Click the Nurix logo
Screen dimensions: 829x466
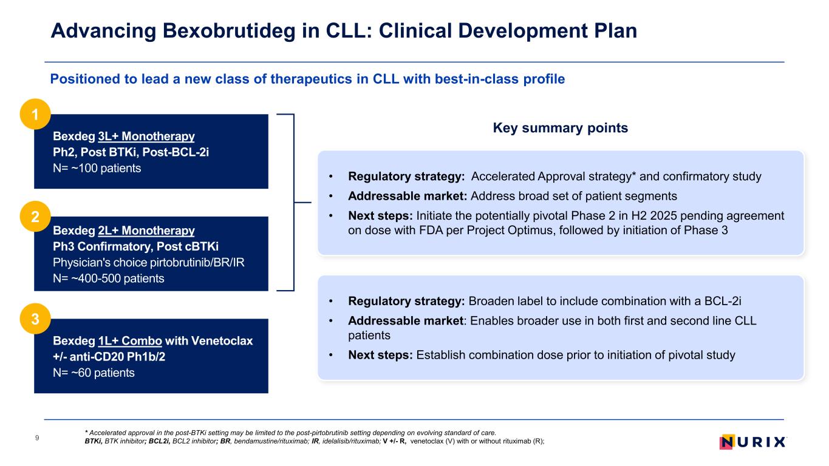click(752, 442)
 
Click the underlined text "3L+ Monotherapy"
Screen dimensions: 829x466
click(146, 135)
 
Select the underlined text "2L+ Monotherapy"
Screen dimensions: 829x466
click(146, 231)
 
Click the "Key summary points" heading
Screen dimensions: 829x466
click(560, 128)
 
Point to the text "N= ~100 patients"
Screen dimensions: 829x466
click(97, 168)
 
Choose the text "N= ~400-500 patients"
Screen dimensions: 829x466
click(109, 279)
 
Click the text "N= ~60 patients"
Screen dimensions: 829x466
click(94, 373)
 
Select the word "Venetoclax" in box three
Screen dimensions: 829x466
click(222, 340)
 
